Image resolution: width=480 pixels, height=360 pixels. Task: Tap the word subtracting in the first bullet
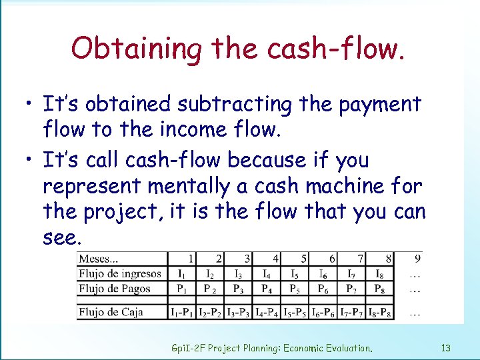pyautogui.click(x=236, y=105)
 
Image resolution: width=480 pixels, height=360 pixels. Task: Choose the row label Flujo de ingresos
pyautogui.click(x=120, y=273)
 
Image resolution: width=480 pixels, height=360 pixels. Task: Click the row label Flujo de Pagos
pyautogui.click(x=115, y=289)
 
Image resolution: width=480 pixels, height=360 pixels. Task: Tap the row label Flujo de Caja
pyautogui.click(x=111, y=311)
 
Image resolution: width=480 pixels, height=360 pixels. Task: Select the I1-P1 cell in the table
pyautogui.click(x=182, y=312)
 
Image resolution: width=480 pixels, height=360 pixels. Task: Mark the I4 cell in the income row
pyautogui.click(x=267, y=273)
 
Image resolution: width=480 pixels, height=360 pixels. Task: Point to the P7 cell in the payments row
pyautogui.click(x=351, y=289)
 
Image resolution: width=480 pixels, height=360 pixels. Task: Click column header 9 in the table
pyautogui.click(x=417, y=258)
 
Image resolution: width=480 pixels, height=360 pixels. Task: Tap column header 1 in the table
pyautogui.click(x=191, y=258)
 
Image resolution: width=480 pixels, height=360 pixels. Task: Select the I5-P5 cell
pyautogui.click(x=295, y=312)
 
